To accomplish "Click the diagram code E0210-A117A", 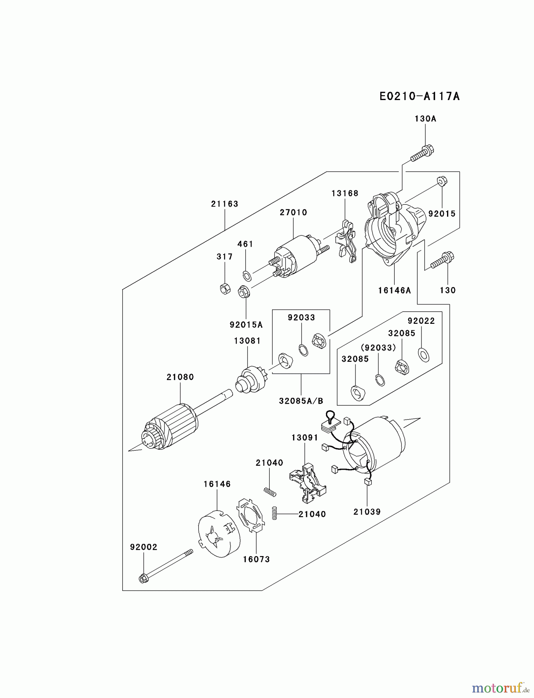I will tap(420, 96).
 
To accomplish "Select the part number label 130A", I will tap(425, 119).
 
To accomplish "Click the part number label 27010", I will tap(293, 213).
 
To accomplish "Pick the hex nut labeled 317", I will tap(225, 289).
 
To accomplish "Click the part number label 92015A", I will tap(246, 325).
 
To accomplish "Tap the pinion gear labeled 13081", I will tap(248, 380).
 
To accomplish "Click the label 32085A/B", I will tap(301, 401).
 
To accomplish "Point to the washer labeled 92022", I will tap(423, 354).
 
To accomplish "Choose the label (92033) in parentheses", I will tap(378, 347).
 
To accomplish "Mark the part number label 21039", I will tap(367, 512).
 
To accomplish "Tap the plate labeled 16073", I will tap(251, 515).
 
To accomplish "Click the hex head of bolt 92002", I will tap(142, 579).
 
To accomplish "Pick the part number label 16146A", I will tap(394, 290).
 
